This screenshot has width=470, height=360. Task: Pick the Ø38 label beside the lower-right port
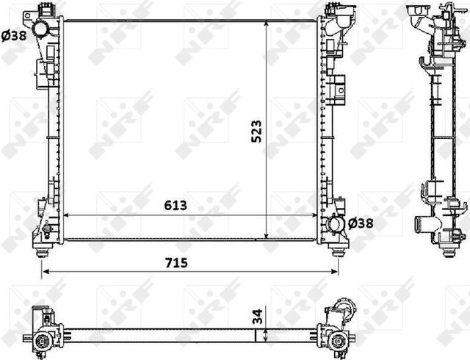361,223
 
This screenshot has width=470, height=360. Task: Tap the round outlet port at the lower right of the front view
336,223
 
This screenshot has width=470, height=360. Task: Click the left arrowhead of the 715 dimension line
43,271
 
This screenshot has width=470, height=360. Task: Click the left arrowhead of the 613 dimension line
68,215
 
